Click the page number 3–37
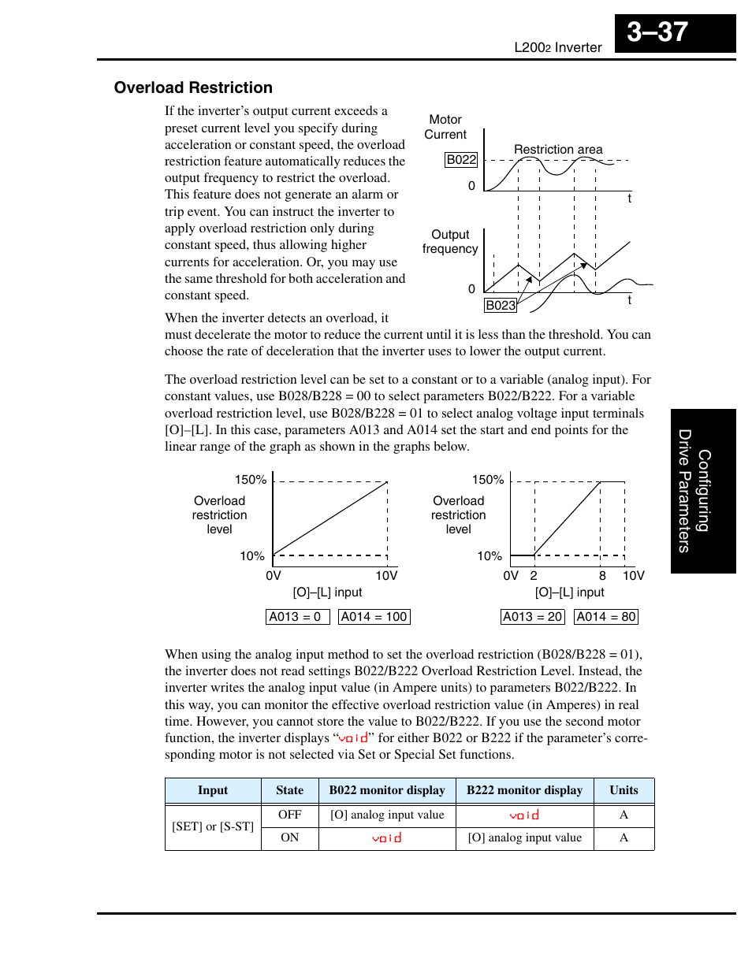point(657,32)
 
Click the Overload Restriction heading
point(193,87)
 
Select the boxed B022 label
point(461,160)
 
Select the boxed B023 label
point(501,306)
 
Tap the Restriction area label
point(558,149)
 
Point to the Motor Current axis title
point(445,127)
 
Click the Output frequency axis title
point(450,242)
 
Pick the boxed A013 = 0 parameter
point(297,617)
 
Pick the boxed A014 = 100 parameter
point(374,617)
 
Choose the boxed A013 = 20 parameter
point(533,617)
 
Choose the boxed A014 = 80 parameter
point(606,617)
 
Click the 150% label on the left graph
point(251,480)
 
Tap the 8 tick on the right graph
point(602,576)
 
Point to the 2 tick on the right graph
point(534,576)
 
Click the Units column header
point(624,790)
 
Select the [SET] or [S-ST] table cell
point(213,826)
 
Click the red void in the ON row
point(387,838)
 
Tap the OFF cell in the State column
point(289,815)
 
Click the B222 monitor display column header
point(524,790)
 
